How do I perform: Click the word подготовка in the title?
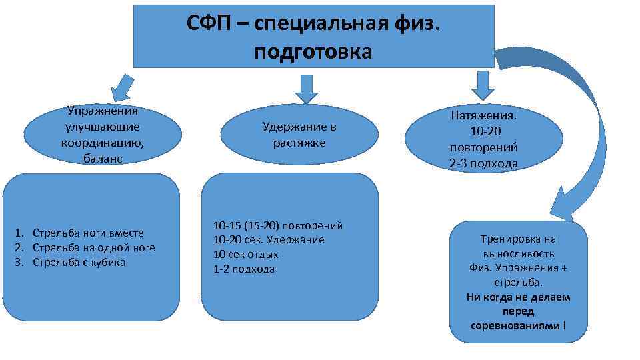[313, 51]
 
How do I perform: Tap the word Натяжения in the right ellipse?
[483, 115]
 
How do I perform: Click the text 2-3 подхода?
[483, 163]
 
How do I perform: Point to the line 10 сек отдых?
[245, 254]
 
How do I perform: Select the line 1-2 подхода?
[243, 269]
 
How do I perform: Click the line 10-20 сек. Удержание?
[268, 239]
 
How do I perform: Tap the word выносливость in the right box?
[519, 253]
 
